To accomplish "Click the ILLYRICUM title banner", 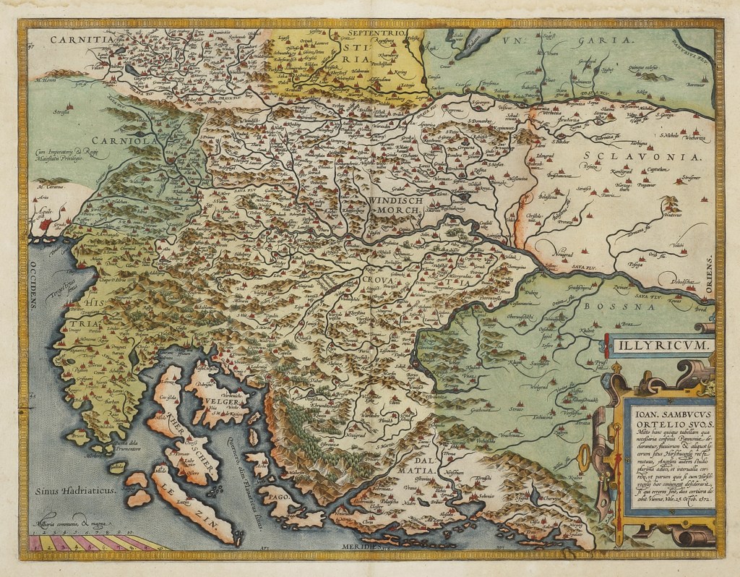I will coord(658,345).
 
